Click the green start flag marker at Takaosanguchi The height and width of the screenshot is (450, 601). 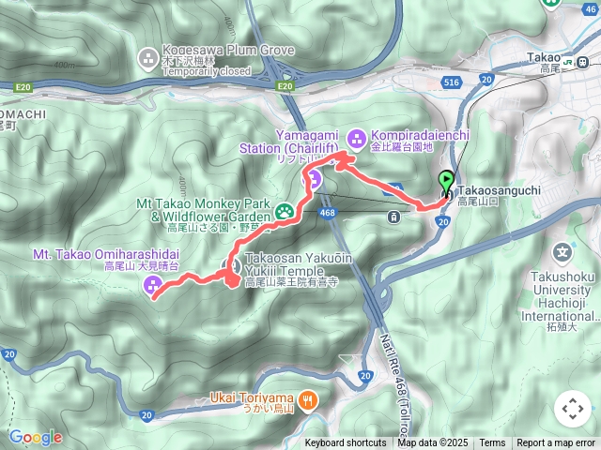pos(446,182)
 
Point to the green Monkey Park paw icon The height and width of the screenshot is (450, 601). pos(283,212)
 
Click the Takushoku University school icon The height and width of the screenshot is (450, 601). pos(562,252)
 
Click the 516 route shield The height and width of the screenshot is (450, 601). pos(451,82)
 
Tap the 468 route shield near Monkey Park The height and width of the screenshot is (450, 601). pos(328,213)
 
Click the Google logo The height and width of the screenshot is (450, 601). pos(35,437)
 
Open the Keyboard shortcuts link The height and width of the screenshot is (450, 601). pos(345,443)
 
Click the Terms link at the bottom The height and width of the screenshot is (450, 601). pos(492,443)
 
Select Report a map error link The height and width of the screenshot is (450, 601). pos(556,443)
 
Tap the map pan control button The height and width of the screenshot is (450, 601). pos(573,409)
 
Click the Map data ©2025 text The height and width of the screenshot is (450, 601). pos(433,443)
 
